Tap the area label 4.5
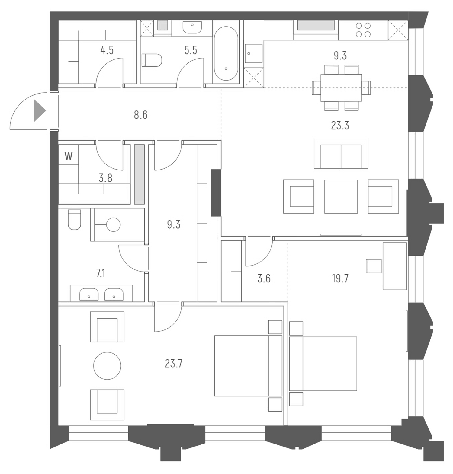[107, 50]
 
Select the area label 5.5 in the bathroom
[191, 50]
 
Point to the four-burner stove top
[363, 30]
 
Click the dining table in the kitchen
[341, 88]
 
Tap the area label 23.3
[340, 125]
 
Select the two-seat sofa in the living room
[341, 153]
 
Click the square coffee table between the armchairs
[341, 196]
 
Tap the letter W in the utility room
[69, 156]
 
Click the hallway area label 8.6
[140, 115]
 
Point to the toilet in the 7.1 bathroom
[74, 220]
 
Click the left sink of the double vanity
[89, 294]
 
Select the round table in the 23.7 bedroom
[107, 366]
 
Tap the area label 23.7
[174, 364]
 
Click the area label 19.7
[340, 278]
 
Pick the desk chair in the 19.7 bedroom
[374, 266]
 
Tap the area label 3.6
[264, 278]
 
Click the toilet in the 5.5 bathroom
[152, 60]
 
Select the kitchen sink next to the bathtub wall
[253, 53]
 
